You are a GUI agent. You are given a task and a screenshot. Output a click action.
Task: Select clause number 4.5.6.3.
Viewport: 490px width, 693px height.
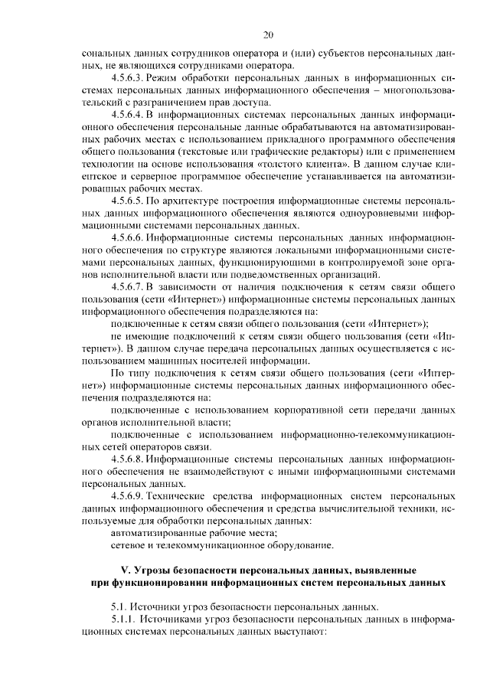pyautogui.click(x=128, y=79)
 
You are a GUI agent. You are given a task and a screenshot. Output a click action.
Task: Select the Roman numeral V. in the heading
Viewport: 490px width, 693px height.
pyautogui.click(x=127, y=571)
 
